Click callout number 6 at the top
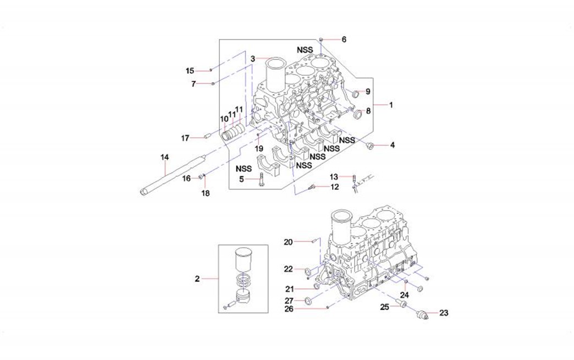tap(344, 40)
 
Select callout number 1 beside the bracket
tap(391, 104)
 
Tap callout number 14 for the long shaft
tap(164, 158)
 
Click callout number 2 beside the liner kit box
tap(197, 279)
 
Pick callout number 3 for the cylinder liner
tap(252, 59)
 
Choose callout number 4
tap(392, 146)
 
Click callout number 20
tap(289, 242)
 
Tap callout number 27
tap(289, 301)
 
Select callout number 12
tap(334, 187)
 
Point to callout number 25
tap(385, 307)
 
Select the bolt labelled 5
tap(261, 179)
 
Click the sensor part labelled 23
tap(422, 314)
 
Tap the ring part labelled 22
tap(308, 270)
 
